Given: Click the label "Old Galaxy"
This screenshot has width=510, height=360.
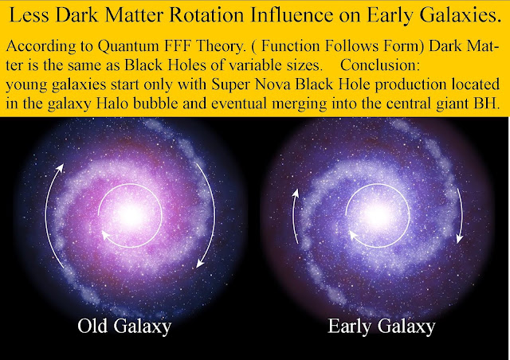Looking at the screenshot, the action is (x=124, y=326).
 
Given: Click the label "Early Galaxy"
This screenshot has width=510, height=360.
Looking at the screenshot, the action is (x=381, y=326).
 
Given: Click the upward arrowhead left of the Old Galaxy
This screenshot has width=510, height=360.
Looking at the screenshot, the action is (x=60, y=168).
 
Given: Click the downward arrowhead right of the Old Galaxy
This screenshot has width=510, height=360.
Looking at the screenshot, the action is (x=200, y=263).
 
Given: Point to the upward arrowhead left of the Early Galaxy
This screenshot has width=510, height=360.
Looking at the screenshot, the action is (x=296, y=194).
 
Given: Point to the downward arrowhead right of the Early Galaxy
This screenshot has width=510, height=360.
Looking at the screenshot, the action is (x=459, y=239).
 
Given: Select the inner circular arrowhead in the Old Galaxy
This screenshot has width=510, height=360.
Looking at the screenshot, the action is (x=106, y=234).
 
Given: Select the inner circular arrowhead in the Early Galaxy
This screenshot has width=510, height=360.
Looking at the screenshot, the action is (x=353, y=234).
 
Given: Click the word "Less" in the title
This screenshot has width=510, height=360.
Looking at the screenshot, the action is (x=29, y=15).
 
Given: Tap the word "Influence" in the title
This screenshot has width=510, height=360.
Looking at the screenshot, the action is (x=292, y=15).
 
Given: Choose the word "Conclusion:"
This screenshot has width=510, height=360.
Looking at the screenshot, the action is (x=380, y=65).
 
